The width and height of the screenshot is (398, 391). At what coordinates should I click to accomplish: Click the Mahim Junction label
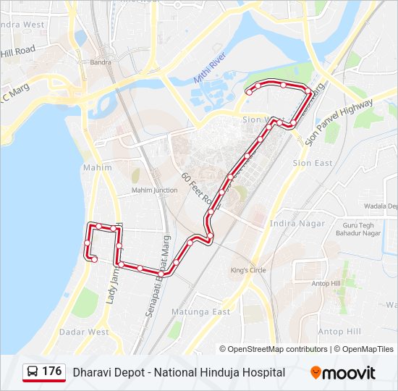pyautogui.click(x=154, y=190)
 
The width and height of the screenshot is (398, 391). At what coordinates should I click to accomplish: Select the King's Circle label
pyautogui.click(x=248, y=270)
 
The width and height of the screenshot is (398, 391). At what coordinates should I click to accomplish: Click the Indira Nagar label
pyautogui.click(x=297, y=223)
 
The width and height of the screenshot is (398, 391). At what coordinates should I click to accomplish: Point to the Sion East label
pyautogui.click(x=313, y=163)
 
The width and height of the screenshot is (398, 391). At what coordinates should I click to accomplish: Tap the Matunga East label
pyautogui.click(x=200, y=311)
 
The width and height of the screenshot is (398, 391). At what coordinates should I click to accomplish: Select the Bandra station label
pyautogui.click(x=99, y=62)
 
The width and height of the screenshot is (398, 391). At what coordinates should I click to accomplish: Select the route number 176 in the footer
pyautogui.click(x=52, y=371)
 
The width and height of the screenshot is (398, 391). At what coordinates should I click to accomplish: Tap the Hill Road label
pyautogui.click(x=17, y=51)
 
